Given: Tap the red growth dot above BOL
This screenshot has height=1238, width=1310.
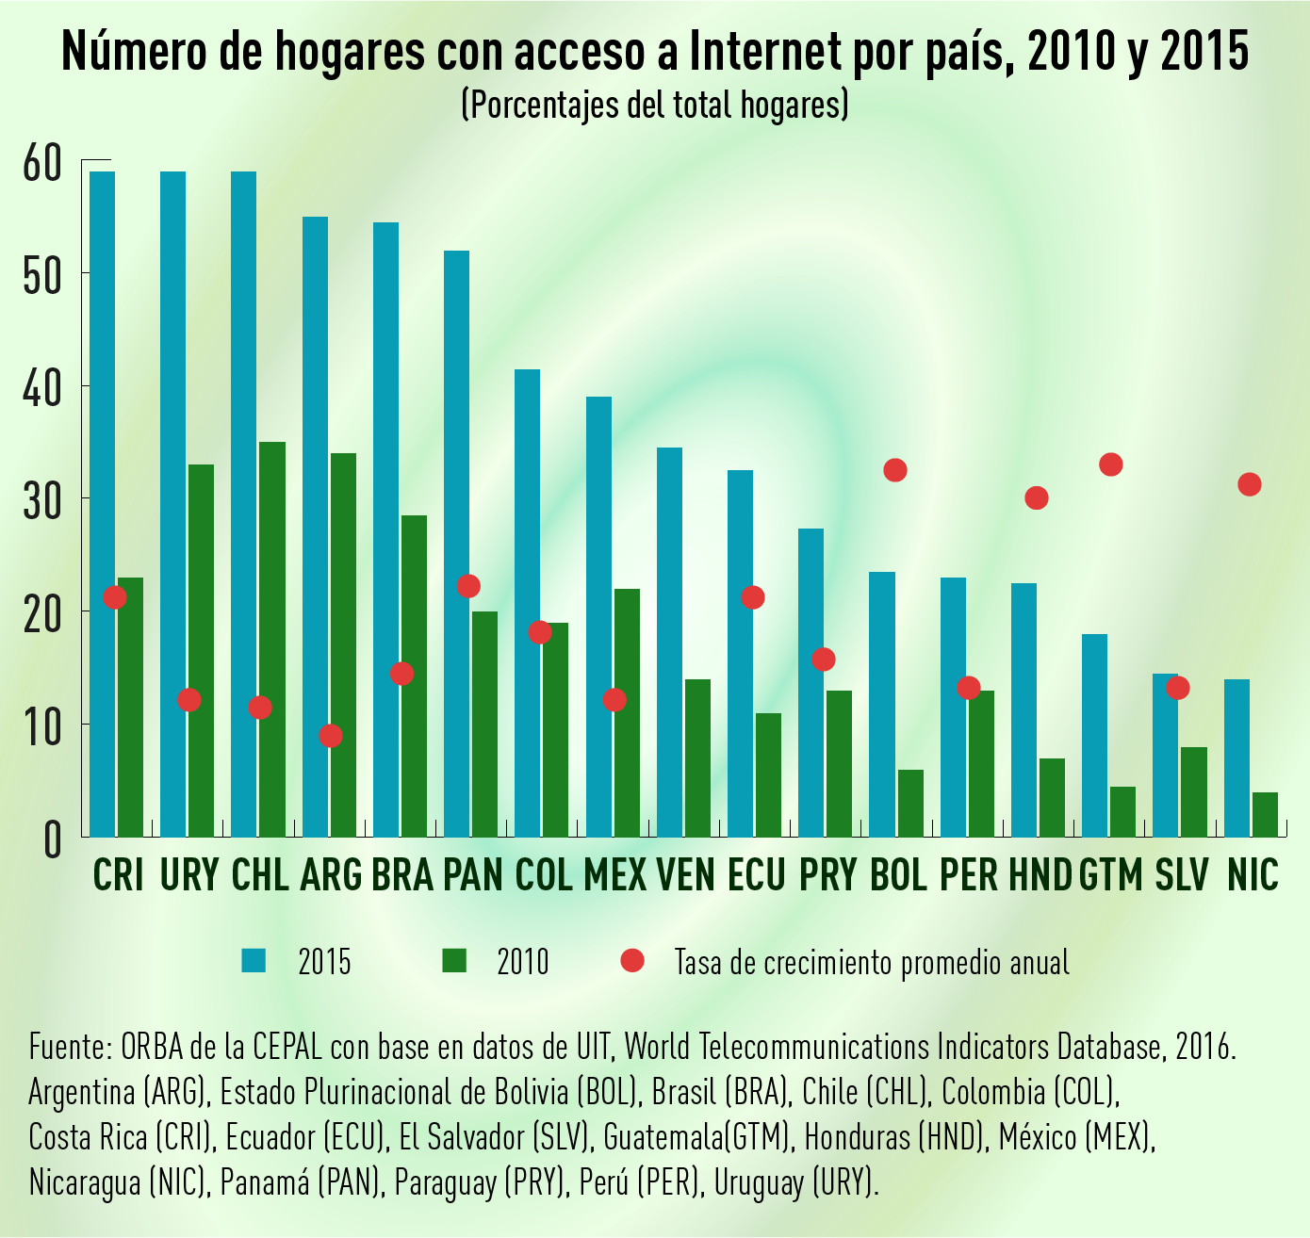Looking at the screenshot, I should pos(895,470).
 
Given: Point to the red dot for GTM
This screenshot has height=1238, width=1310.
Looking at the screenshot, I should pos(1111,464).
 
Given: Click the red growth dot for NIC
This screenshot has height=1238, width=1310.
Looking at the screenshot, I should pos(1250,484).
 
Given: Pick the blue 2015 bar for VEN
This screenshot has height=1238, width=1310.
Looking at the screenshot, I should pos(669,641).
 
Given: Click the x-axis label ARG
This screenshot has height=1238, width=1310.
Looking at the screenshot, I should pos(331,875).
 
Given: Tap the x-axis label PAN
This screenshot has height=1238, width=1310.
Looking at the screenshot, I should pos(472,875).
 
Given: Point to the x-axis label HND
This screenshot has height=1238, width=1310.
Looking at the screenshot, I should pos(1040,875).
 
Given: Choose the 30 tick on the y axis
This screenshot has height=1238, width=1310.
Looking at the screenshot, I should pos(43,499).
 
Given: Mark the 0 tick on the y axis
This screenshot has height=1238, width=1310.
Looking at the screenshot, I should pos(52,839).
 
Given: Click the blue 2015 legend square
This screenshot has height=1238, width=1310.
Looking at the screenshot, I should pos(254,960).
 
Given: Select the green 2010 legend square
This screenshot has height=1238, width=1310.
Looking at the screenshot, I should pos(454,960).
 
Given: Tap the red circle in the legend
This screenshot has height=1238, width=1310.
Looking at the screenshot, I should pos(632,960).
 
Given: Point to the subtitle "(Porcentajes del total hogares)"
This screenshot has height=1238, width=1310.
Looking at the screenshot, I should pos(655,105).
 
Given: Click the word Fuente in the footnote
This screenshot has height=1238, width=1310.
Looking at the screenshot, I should pos(71,1047).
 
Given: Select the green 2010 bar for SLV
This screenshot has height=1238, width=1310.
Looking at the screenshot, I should pos(1194,791).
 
